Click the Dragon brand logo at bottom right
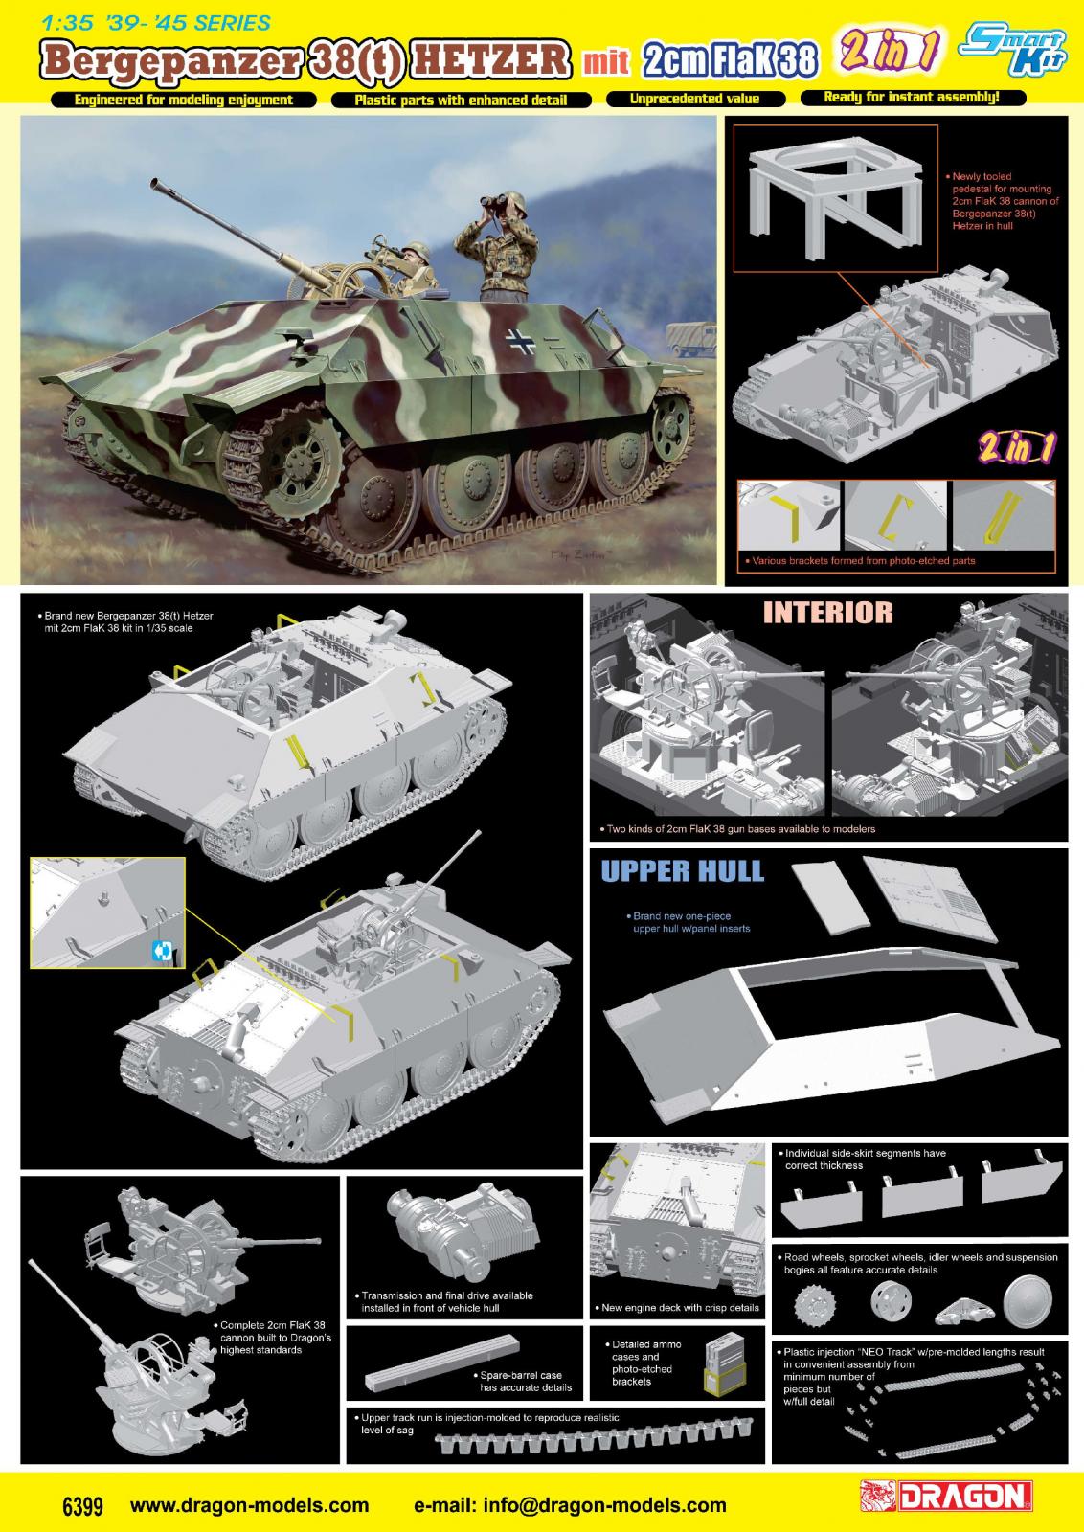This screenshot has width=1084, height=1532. pyautogui.click(x=948, y=1496)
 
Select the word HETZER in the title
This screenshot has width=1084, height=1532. pyautogui.click(x=491, y=59)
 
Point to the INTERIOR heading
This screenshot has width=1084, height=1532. pyautogui.click(x=827, y=613)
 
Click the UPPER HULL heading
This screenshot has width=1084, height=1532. pyautogui.click(x=682, y=871)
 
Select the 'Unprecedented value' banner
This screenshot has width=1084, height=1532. pyautogui.click(x=694, y=100)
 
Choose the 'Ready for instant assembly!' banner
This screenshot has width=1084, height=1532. pyautogui.click(x=913, y=97)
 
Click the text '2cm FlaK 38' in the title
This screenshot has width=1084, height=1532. pyautogui.click(x=730, y=60)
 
